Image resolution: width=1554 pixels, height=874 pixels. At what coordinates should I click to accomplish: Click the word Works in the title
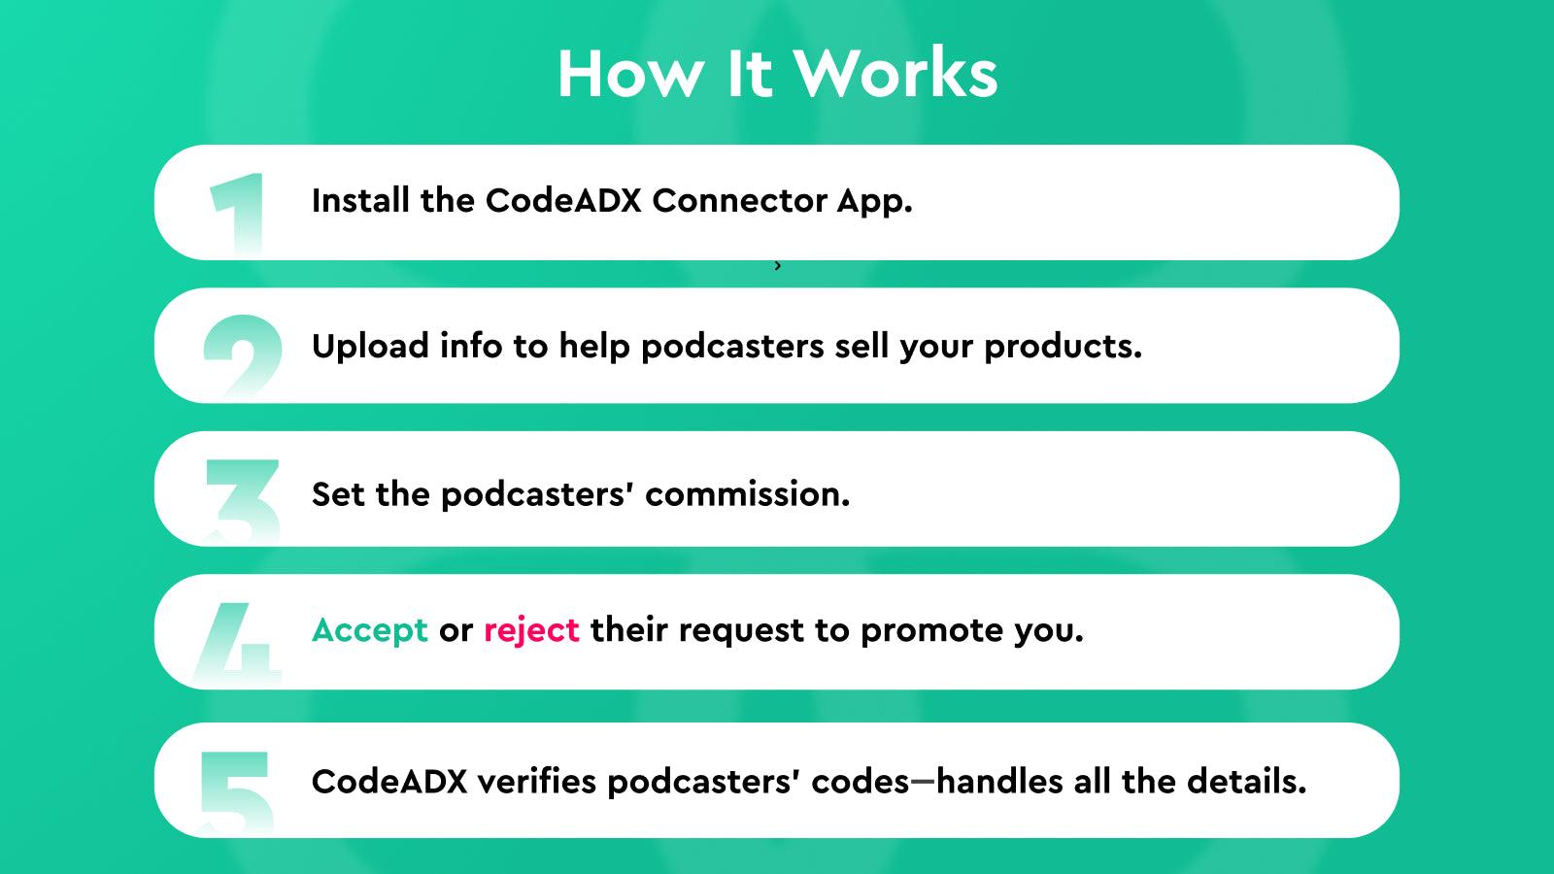tap(895, 74)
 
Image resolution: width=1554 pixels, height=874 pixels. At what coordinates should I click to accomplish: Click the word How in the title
tap(630, 74)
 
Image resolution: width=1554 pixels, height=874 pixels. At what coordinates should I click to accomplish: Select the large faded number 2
tap(242, 354)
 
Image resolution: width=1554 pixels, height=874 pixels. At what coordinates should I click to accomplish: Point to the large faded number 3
tap(243, 499)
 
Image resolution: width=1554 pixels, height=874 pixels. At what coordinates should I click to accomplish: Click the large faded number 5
tap(236, 790)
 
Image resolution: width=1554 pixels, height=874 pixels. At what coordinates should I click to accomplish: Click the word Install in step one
tap(360, 200)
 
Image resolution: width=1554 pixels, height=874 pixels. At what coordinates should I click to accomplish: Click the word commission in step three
tap(747, 493)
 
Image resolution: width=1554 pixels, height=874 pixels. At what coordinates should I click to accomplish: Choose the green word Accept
tap(369, 630)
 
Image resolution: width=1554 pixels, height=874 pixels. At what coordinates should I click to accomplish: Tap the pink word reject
tap(531, 630)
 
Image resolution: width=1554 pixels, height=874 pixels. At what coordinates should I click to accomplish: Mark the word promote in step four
tap(931, 630)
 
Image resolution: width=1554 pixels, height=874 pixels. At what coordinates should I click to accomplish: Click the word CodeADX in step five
tap(389, 781)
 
